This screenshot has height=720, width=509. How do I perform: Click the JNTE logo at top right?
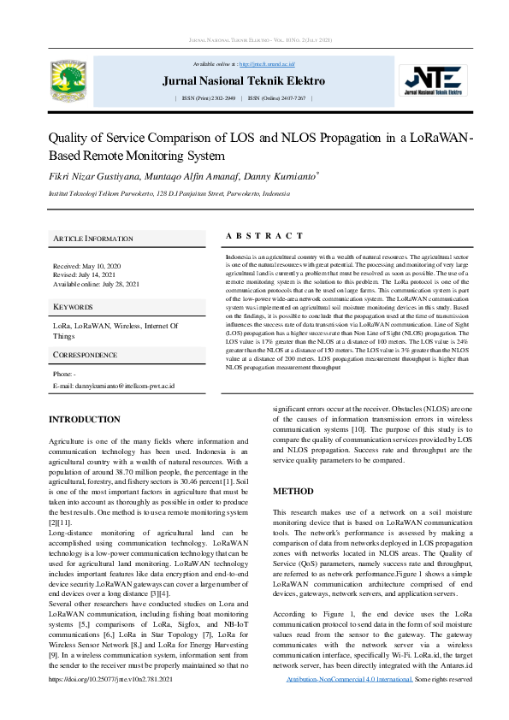(x=435, y=82)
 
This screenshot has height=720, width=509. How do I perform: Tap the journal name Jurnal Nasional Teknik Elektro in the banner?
(x=244, y=81)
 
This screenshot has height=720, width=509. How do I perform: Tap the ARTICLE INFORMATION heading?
(x=93, y=238)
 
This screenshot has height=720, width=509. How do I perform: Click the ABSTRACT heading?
(x=263, y=236)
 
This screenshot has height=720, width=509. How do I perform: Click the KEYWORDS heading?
(x=73, y=306)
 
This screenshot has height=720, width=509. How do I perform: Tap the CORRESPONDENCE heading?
(x=86, y=354)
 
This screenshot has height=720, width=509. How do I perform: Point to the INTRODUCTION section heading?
(x=84, y=420)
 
